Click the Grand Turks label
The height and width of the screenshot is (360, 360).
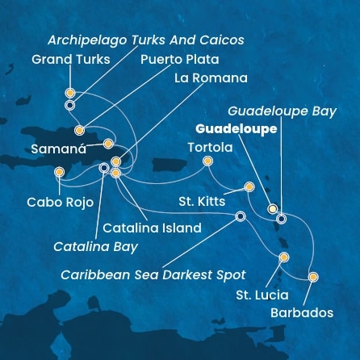point(70,59)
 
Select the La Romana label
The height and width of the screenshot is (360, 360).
point(210,79)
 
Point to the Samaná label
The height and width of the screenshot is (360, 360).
point(54,149)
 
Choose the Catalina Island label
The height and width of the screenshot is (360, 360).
point(153,228)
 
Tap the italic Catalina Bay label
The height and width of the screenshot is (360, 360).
point(95,245)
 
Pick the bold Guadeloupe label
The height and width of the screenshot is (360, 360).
point(236,128)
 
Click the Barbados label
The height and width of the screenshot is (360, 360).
point(301,313)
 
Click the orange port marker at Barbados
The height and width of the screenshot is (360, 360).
point(313,277)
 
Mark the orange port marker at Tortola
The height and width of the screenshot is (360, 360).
point(207,161)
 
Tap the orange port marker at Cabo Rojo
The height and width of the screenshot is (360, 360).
point(58,172)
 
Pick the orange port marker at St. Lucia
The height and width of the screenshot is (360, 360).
point(283,258)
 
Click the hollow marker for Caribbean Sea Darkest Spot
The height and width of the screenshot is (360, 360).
point(240,216)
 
